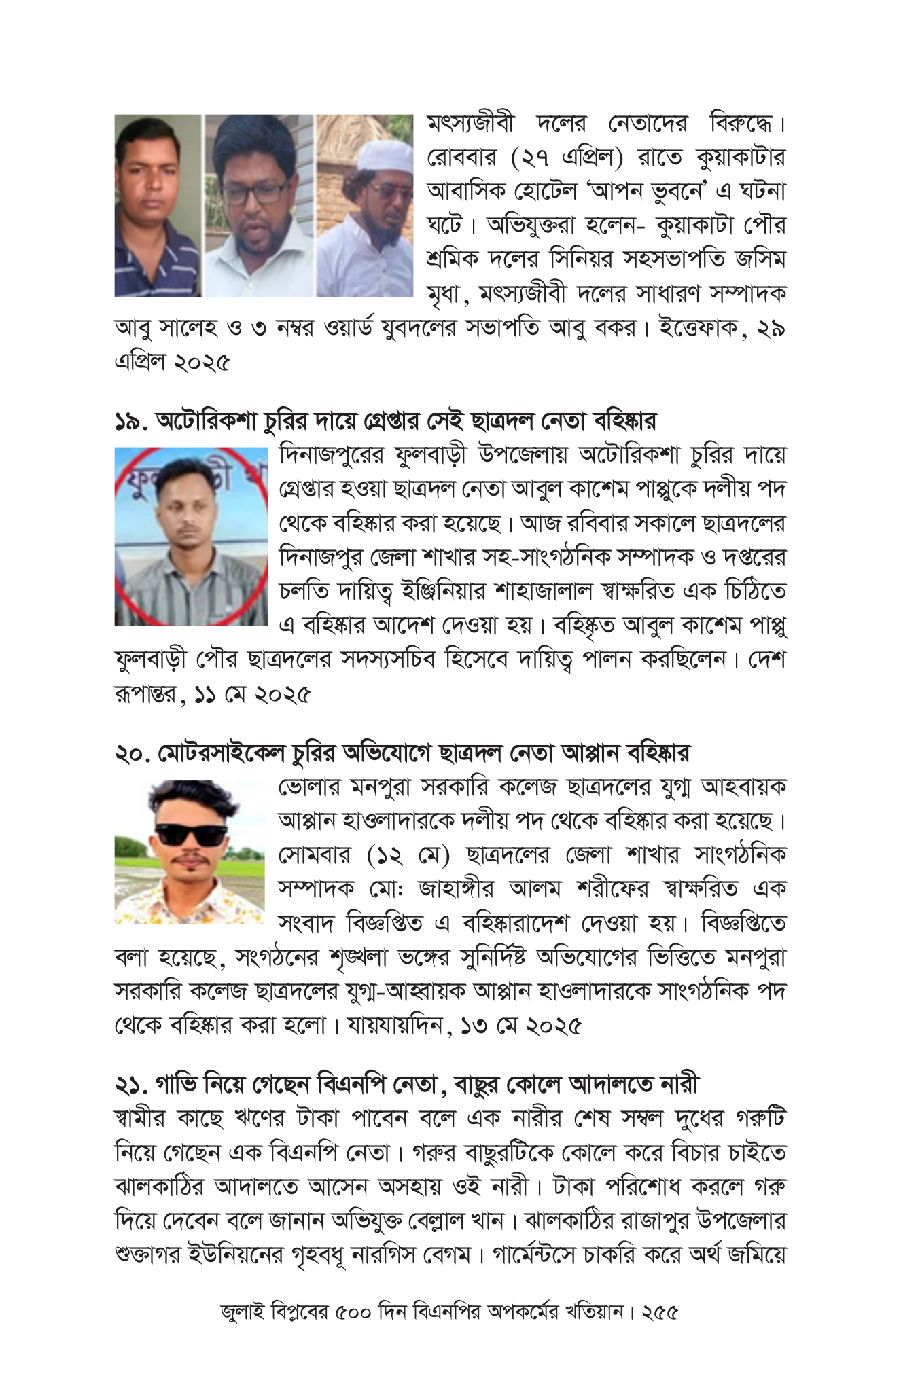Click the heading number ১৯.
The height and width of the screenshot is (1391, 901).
click(130, 422)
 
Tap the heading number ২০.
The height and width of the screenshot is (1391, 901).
click(132, 754)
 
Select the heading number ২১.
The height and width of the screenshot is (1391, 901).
click(130, 1085)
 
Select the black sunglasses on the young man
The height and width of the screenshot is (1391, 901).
click(191, 834)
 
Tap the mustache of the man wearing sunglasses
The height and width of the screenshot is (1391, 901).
click(189, 860)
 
